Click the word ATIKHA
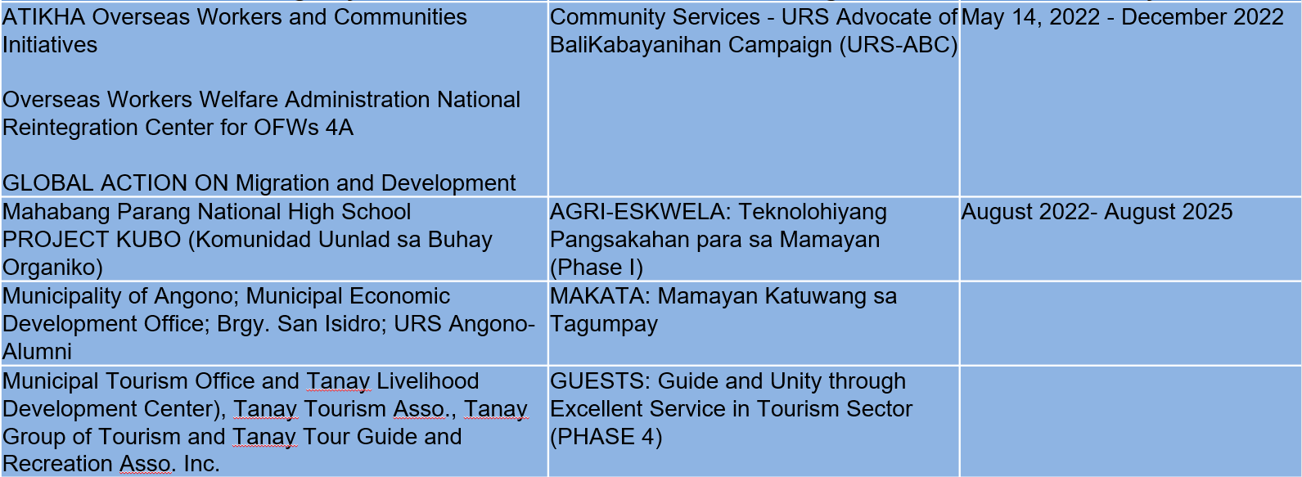click(x=44, y=17)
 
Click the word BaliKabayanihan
click(x=635, y=45)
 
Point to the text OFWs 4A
click(x=304, y=128)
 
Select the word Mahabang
click(x=56, y=212)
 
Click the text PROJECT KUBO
click(x=92, y=240)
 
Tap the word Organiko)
click(x=53, y=268)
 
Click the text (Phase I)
click(x=597, y=268)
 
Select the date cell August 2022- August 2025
click(x=1097, y=212)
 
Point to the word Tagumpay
click(x=603, y=325)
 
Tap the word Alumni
click(x=37, y=352)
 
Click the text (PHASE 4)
click(x=606, y=437)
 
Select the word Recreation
click(x=57, y=464)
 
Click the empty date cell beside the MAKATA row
click(x=1130, y=324)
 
